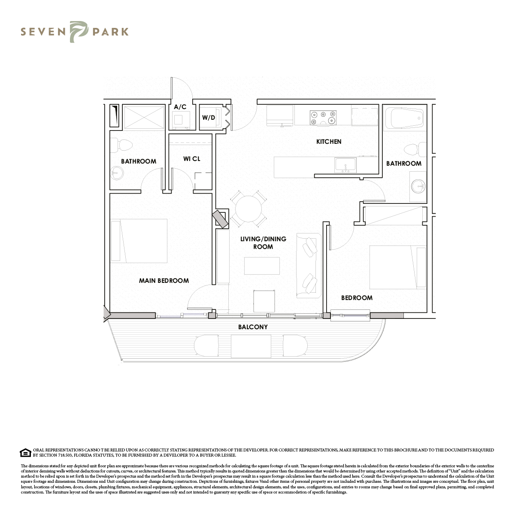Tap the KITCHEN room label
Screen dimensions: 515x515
coord(329,142)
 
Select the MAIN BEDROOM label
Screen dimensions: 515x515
coord(164,281)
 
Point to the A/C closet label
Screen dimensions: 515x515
coord(180,107)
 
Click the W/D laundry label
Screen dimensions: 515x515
coord(209,118)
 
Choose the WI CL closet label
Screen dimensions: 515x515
coord(191,159)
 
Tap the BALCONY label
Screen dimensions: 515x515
coord(253,327)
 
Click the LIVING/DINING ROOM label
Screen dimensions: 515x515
coord(263,242)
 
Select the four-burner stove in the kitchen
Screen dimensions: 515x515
coord(323,118)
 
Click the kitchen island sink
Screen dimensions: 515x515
coord(345,165)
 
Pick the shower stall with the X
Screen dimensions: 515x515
coord(144,117)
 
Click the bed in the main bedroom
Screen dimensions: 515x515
coord(139,241)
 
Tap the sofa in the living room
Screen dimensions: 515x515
coord(309,266)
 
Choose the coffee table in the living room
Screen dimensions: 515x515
coord(262,266)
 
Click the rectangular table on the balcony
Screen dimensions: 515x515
coord(251,346)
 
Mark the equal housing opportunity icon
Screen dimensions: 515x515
coord(25,453)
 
